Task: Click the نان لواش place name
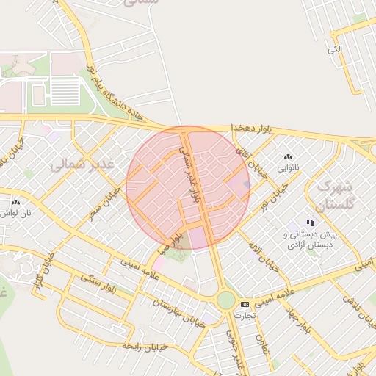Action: [15, 214]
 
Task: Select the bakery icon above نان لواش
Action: [15, 200]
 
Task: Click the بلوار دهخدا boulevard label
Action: [250, 128]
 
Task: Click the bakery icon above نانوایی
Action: [288, 156]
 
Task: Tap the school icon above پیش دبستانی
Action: [311, 222]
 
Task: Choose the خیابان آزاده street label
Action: [265, 256]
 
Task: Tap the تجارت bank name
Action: [243, 315]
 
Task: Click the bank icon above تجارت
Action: [245, 303]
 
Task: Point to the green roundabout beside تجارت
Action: [225, 300]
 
